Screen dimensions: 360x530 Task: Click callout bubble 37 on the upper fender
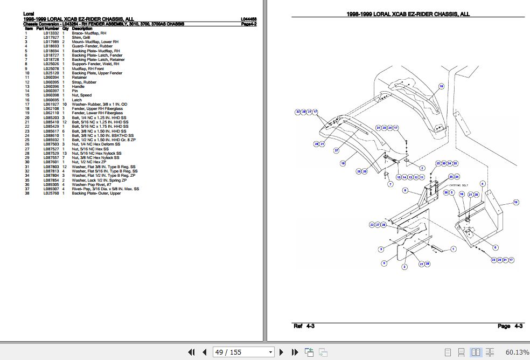(x=336, y=150)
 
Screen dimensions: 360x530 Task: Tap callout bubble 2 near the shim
(x=422, y=168)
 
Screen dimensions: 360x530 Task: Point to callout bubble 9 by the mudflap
(x=384, y=263)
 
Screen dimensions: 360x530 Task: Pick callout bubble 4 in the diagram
(x=482, y=184)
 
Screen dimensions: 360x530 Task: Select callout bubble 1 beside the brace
(x=452, y=248)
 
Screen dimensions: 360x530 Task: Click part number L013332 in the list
(x=51, y=33)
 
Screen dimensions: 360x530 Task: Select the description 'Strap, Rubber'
(x=84, y=82)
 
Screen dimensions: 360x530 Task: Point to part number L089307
(x=51, y=189)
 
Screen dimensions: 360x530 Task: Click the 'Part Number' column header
(x=47, y=29)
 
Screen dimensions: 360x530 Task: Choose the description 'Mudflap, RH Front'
(x=89, y=68)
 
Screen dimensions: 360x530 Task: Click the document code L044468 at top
(x=248, y=19)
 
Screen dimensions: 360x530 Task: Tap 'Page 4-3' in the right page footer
(x=510, y=326)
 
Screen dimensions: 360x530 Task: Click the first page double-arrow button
(x=191, y=352)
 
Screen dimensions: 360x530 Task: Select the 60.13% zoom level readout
(x=517, y=352)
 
